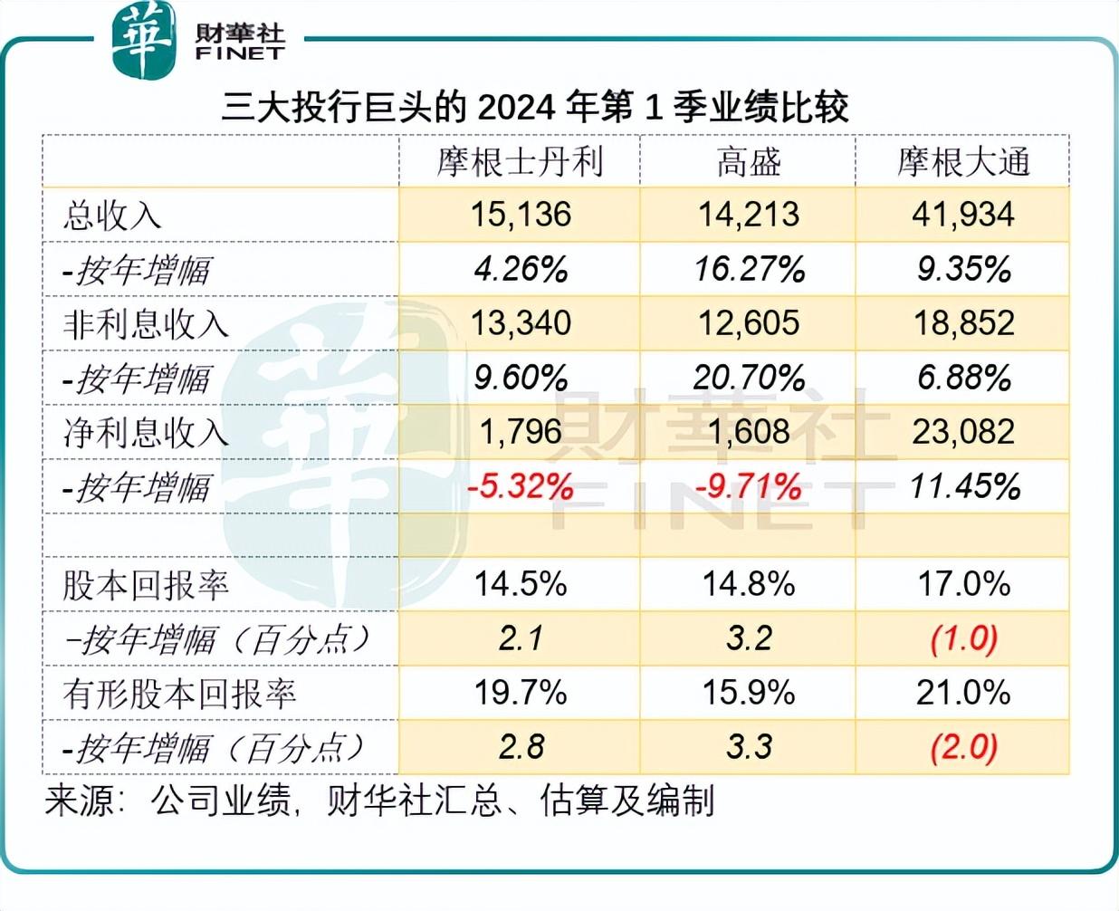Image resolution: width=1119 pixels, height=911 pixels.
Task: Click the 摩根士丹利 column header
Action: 520,162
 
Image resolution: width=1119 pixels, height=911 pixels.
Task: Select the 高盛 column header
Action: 748,162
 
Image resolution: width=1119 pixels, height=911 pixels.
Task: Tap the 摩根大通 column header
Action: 963,162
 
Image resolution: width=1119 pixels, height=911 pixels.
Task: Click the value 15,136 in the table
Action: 521,215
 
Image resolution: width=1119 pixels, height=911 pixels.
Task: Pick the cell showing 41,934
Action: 963,215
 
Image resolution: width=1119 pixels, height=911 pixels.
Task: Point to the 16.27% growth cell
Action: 749,269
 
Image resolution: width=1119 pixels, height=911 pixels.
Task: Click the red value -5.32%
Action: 521,487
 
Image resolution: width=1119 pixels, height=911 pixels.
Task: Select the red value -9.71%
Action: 749,487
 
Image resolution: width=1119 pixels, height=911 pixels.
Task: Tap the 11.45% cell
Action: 964,487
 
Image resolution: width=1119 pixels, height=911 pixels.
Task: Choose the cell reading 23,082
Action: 963,432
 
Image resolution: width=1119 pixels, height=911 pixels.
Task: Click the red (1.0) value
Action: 964,638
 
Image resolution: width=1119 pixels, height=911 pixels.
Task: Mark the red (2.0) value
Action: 964,747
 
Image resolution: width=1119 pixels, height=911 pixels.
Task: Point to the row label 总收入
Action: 112,216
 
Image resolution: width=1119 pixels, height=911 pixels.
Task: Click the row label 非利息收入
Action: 146,324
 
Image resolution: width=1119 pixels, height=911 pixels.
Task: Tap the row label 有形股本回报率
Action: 179,694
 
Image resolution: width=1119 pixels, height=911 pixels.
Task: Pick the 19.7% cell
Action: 521,693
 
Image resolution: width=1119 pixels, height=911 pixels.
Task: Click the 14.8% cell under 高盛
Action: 749,584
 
